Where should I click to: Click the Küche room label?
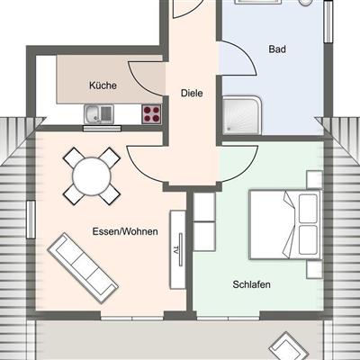tap(103, 85)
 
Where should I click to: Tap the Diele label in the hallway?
tap(192, 93)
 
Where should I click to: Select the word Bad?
tap(277, 49)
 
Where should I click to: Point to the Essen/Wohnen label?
tap(125, 231)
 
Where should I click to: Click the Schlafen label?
tap(251, 284)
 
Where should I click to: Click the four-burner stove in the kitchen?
tap(151, 114)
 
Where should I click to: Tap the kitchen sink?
tap(99, 114)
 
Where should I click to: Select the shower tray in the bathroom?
tap(241, 115)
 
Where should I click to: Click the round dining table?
tap(92, 175)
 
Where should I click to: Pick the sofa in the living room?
tap(83, 268)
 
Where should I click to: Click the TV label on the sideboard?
tap(176, 250)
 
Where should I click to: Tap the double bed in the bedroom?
tap(285, 224)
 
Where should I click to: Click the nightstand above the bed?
tap(314, 180)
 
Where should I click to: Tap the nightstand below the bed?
tap(314, 269)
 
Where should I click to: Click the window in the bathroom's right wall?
tap(328, 22)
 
